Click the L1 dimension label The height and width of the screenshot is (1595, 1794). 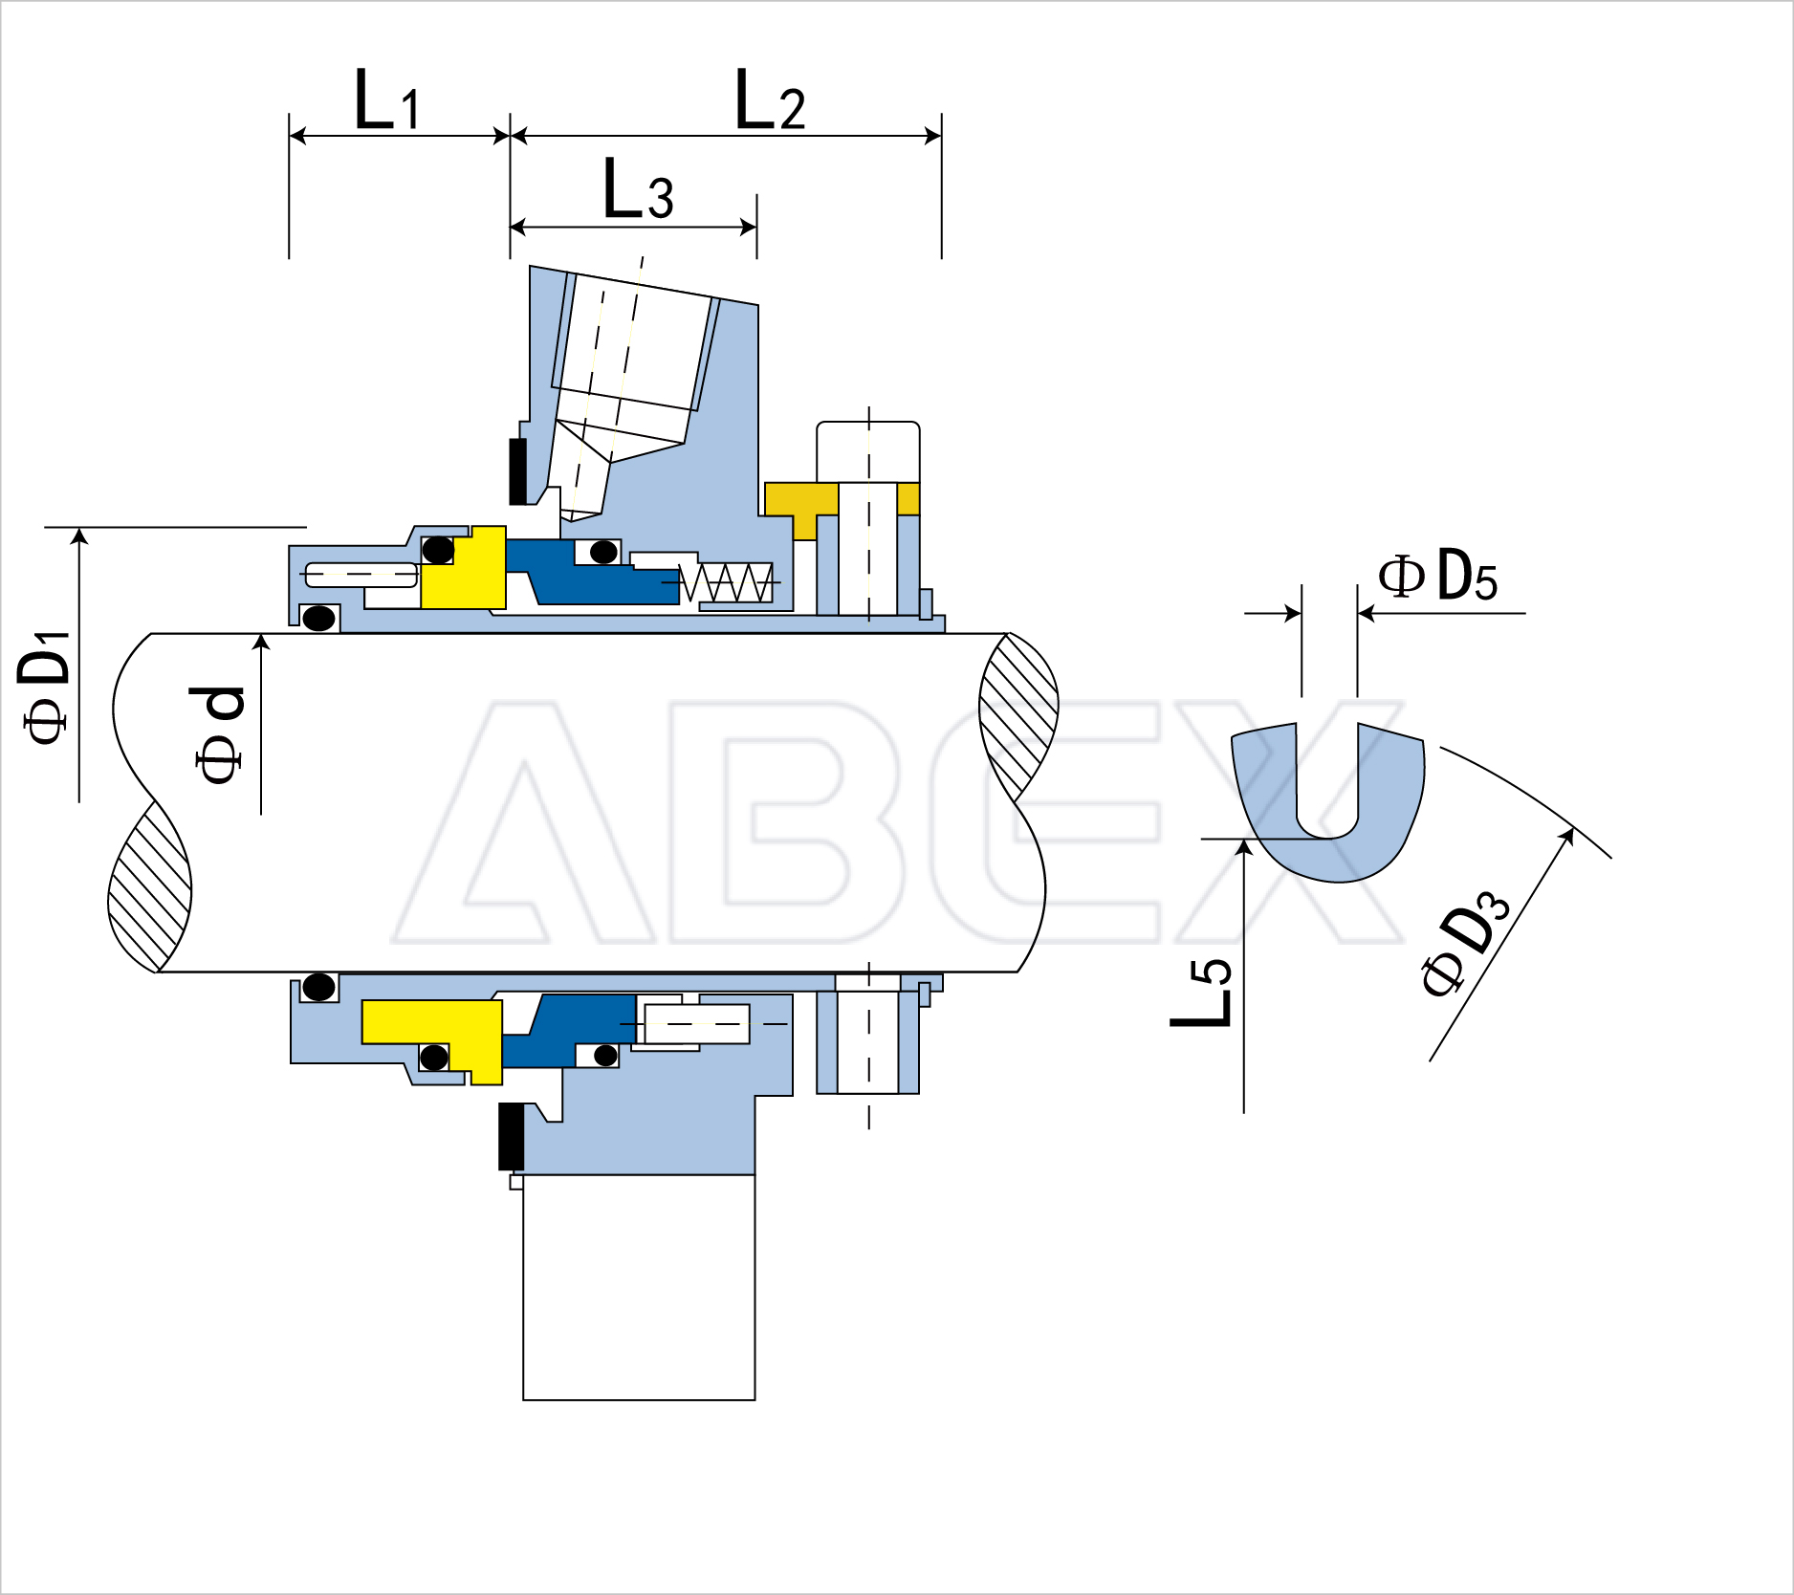386,99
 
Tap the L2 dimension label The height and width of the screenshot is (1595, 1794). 770,99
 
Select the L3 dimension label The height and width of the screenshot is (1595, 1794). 638,188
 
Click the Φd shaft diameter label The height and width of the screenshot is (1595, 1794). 220,734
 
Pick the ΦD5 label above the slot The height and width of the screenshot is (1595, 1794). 1437,576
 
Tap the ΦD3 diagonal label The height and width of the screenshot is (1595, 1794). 1464,942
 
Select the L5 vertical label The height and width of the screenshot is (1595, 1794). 1201,992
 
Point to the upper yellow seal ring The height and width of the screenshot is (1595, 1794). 465,568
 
